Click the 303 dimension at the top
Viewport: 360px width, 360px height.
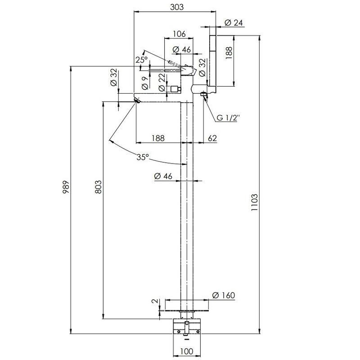[177, 7]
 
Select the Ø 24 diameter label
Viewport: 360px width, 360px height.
[234, 23]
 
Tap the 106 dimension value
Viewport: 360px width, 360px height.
[179, 34]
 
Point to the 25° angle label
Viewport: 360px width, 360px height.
[141, 60]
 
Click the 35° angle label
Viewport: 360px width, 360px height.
[143, 157]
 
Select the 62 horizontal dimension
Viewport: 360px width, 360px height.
[212, 138]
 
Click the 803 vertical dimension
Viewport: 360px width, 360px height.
[98, 187]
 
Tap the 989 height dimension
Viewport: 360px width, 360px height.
[66, 187]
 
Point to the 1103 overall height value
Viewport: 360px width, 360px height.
[254, 203]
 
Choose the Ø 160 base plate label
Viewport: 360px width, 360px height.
[223, 295]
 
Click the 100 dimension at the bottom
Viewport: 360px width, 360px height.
[186, 351]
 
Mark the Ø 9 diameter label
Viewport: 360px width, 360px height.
[144, 83]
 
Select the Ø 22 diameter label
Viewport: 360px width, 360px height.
[162, 82]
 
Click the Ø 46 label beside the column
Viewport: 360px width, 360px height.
[163, 176]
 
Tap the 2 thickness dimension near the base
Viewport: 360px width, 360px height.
[155, 301]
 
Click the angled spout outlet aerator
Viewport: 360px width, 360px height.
[137, 100]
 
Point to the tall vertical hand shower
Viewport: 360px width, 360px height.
[213, 60]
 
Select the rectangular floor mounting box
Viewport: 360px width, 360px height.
[186, 326]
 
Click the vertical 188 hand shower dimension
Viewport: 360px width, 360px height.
[229, 53]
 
